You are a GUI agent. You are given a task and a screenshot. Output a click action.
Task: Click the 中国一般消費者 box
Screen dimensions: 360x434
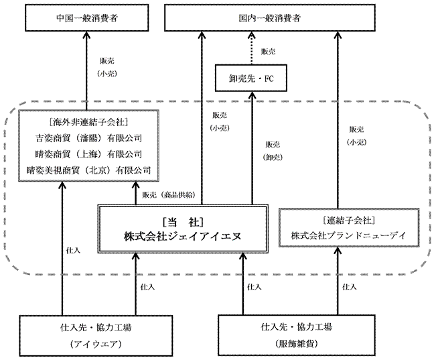(x=87, y=17)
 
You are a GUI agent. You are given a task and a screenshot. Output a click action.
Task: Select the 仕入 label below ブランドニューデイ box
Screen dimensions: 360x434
(x=349, y=286)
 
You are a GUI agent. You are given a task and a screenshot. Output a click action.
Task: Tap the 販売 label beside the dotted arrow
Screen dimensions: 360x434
(x=267, y=51)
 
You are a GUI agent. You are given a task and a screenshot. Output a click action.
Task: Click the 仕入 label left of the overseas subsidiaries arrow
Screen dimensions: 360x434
(x=73, y=249)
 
